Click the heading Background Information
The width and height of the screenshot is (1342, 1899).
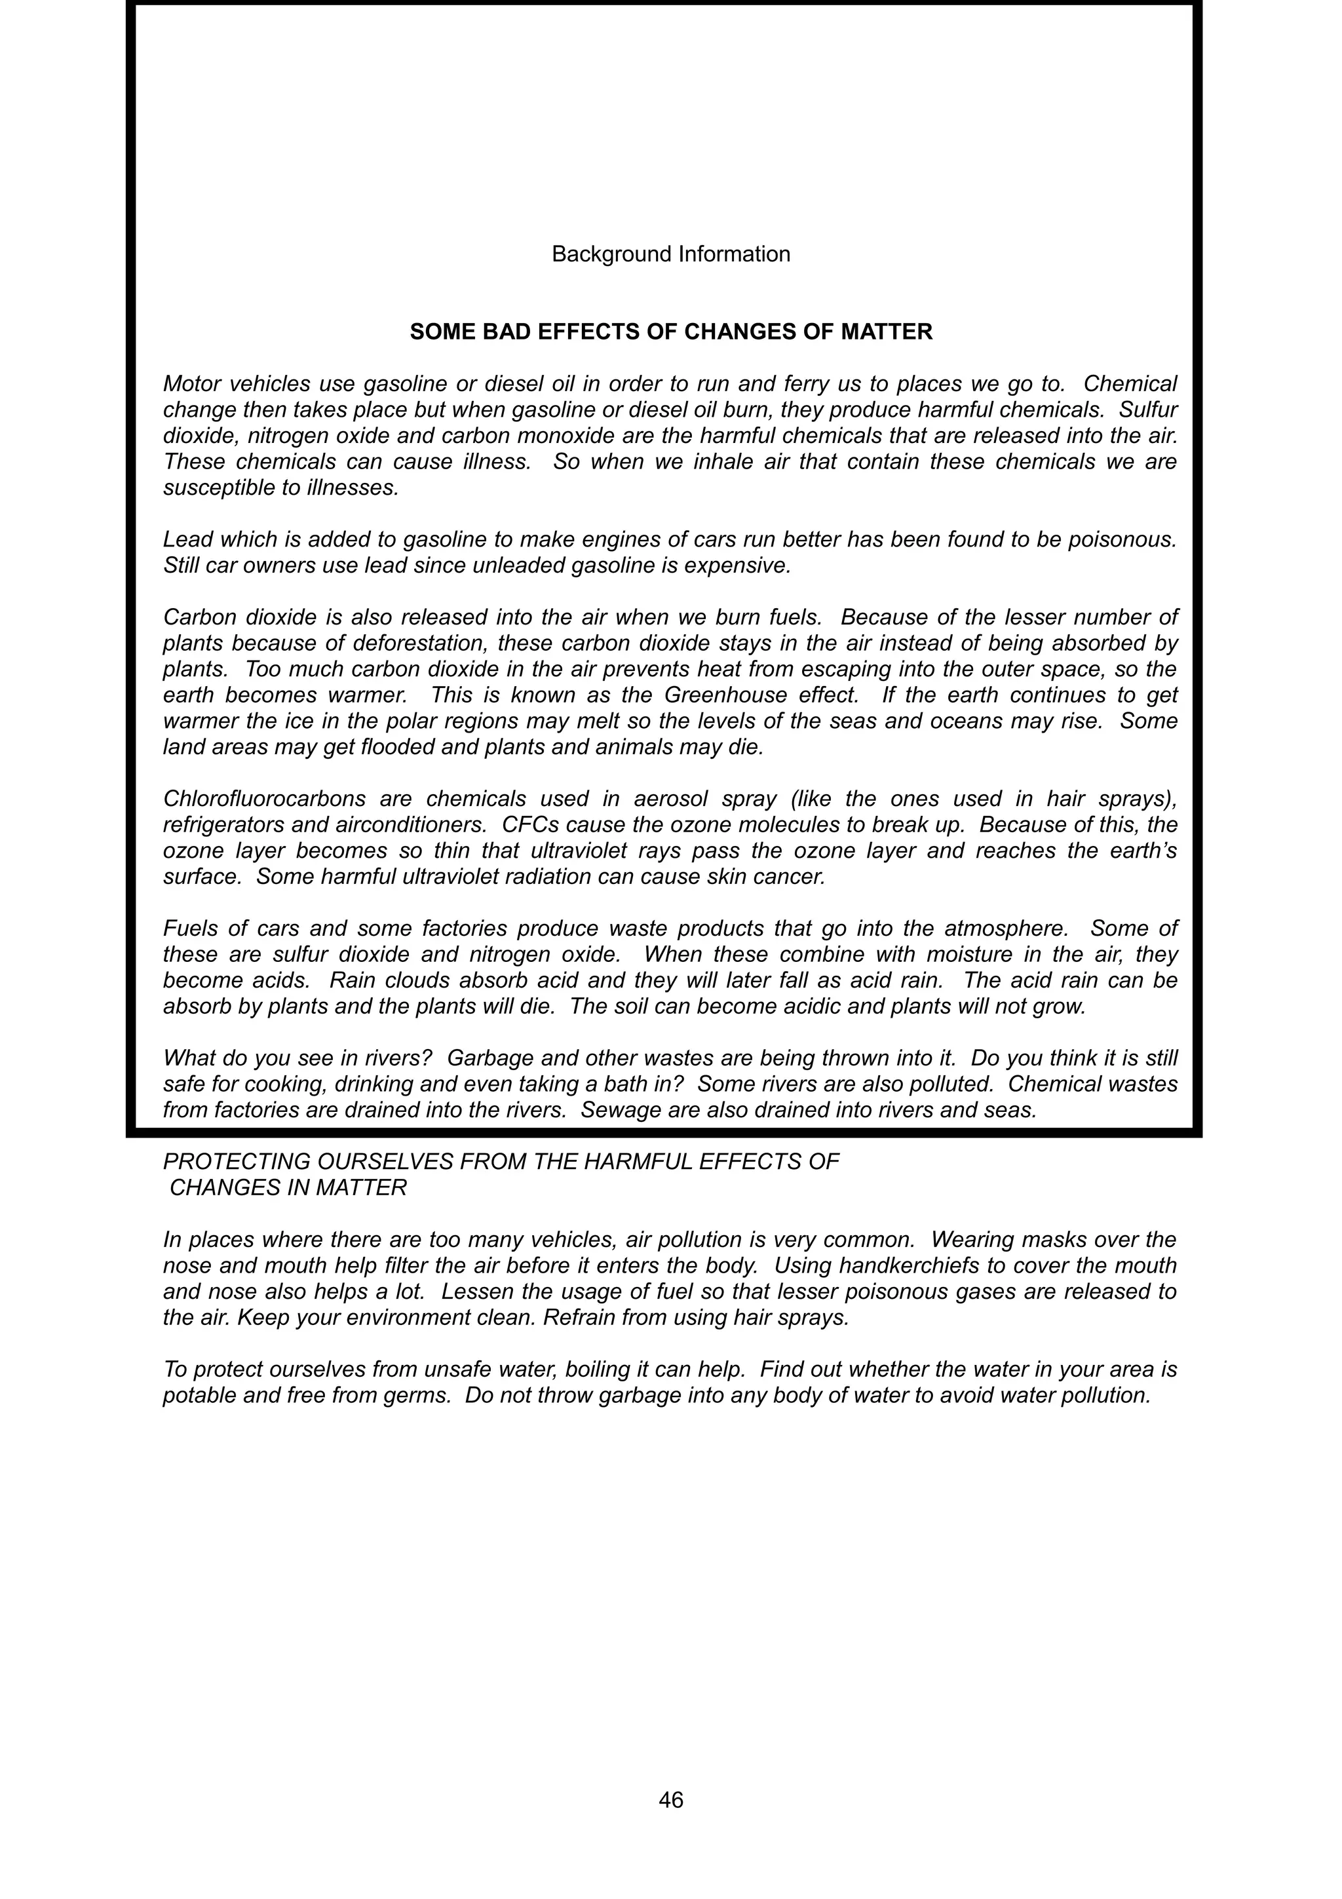tap(670, 254)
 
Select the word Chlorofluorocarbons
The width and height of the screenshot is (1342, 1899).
tap(265, 799)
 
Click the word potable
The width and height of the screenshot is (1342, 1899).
tap(198, 1395)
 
